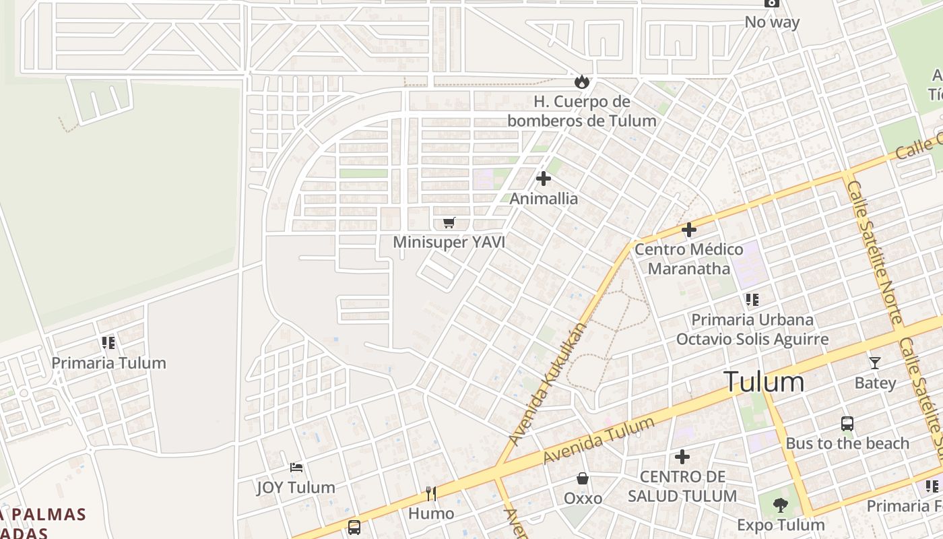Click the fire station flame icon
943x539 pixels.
point(581,82)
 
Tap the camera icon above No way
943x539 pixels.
point(772,3)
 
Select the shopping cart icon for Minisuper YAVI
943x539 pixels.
point(449,222)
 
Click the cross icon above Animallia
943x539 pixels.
point(544,179)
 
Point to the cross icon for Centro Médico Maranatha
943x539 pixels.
point(688,230)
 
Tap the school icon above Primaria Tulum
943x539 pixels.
point(108,343)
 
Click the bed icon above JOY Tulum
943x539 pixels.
point(296,467)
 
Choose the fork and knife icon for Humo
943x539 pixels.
point(431,494)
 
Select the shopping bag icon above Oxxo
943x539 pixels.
point(583,478)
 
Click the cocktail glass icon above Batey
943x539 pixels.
point(874,363)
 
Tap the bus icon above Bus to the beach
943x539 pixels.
point(847,424)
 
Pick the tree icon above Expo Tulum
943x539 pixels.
point(780,505)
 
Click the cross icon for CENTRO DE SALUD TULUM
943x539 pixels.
point(682,457)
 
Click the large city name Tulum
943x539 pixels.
point(764,382)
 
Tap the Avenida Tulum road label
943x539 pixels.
point(598,440)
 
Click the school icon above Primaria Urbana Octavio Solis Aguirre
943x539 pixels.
point(752,299)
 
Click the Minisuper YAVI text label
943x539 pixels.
point(449,242)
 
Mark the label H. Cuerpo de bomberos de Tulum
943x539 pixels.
point(581,111)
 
